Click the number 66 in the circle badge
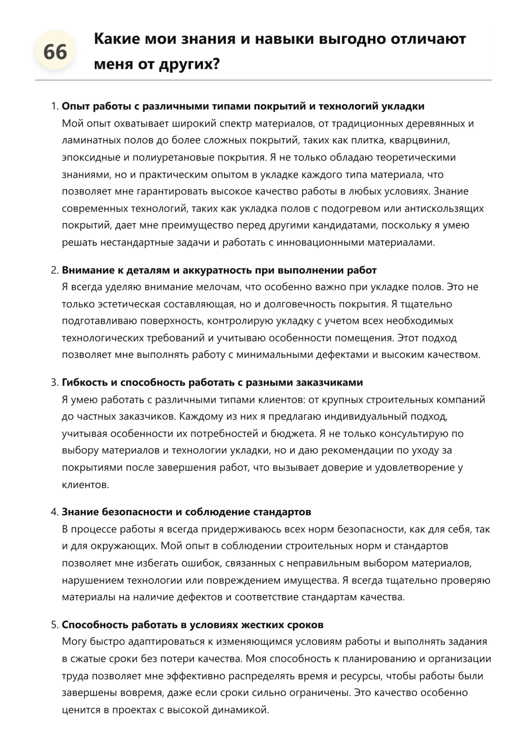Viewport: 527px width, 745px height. (x=55, y=52)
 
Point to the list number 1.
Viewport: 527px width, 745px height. (x=54, y=106)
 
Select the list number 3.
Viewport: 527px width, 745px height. (x=54, y=382)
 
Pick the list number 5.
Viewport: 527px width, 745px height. (x=54, y=625)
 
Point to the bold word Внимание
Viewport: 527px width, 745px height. (x=86, y=270)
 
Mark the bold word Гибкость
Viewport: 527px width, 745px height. (x=85, y=382)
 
